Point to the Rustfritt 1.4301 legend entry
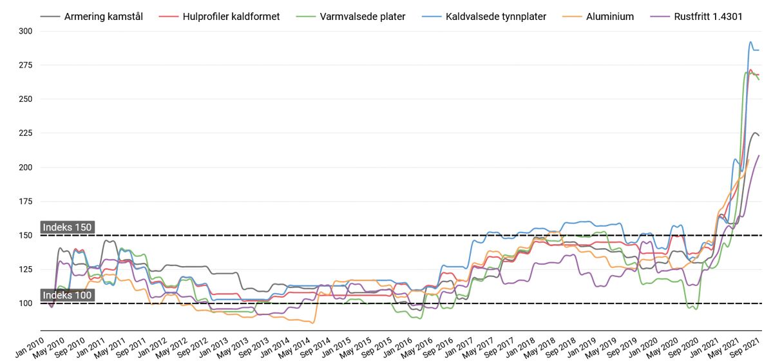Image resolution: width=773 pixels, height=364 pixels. pyautogui.click(x=703, y=16)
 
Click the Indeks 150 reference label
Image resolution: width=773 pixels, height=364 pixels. pyautogui.click(x=68, y=227)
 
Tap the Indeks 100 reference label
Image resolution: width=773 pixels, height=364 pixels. pyautogui.click(x=68, y=296)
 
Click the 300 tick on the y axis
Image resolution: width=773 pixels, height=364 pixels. pyautogui.click(x=26, y=31)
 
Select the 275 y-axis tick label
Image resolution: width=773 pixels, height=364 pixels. pyautogui.click(x=26, y=65)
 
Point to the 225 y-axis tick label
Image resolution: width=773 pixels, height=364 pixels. pyautogui.click(x=26, y=133)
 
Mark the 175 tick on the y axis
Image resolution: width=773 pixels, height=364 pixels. pyautogui.click(x=26, y=202)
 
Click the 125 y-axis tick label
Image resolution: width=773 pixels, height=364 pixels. pyautogui.click(x=26, y=269)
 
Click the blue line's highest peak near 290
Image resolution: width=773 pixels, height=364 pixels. pyautogui.click(x=750, y=43)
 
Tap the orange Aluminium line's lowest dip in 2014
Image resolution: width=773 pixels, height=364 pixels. pyautogui.click(x=313, y=323)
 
